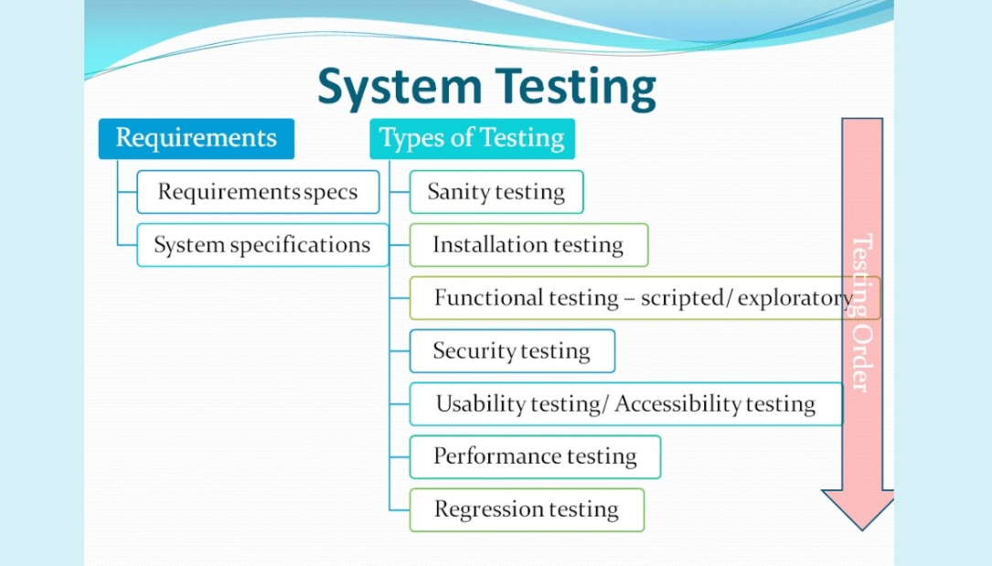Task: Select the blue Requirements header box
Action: pyautogui.click(x=196, y=138)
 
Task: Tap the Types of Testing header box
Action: pyautogui.click(x=472, y=138)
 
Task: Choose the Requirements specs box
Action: pyautogui.click(x=258, y=192)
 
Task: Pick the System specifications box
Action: pyautogui.click(x=262, y=245)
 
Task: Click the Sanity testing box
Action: pyautogui.click(x=496, y=192)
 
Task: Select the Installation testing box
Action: pyautogui.click(x=528, y=245)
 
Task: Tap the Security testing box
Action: pyautogui.click(x=511, y=351)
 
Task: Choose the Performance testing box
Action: pyautogui.click(x=534, y=456)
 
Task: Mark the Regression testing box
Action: pyautogui.click(x=526, y=509)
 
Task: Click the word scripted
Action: pyautogui.click(x=679, y=298)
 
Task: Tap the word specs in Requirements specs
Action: pyautogui.click(x=330, y=192)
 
